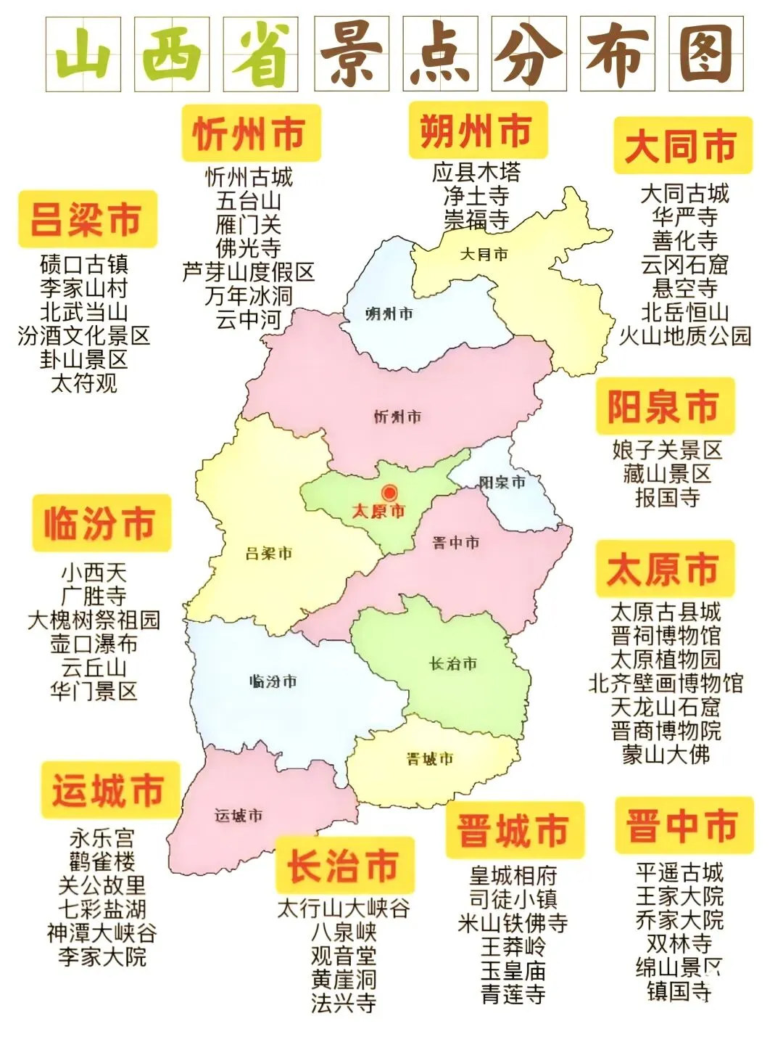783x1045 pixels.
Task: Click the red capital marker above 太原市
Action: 390,493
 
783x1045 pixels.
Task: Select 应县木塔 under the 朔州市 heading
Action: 476,173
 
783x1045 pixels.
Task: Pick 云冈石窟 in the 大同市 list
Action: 684,265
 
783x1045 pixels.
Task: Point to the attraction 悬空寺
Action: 684,289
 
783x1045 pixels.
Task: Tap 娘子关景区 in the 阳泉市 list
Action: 667,451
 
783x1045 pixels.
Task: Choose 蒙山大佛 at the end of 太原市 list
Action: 666,755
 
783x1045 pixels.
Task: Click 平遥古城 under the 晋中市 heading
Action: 679,872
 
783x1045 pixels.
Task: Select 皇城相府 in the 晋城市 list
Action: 513,876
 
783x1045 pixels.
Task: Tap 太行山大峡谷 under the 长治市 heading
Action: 344,909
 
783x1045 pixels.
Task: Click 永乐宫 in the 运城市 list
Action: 102,838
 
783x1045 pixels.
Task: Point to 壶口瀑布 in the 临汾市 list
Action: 94,644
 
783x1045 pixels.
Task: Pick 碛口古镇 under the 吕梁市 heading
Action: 84,265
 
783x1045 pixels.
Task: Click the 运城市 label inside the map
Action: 239,816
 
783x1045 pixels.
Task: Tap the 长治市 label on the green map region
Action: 453,664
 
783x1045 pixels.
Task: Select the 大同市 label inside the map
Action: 484,255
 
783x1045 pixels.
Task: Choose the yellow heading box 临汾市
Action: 101,523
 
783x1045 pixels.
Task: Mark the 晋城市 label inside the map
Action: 430,759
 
